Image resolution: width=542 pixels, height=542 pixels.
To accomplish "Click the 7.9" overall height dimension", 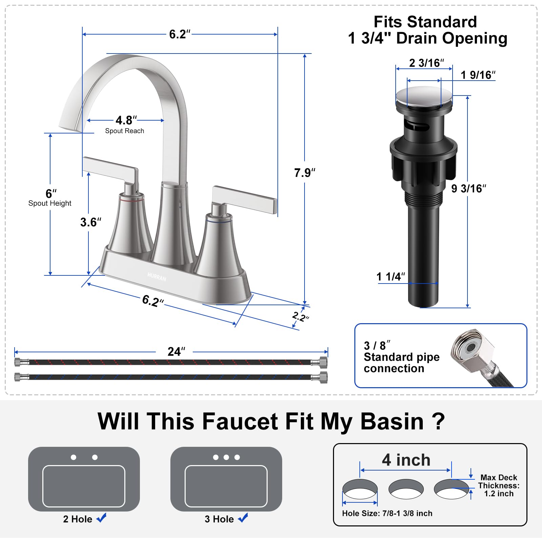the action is pyautogui.click(x=305, y=173).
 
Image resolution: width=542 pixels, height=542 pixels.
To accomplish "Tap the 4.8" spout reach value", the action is pyautogui.click(x=126, y=120).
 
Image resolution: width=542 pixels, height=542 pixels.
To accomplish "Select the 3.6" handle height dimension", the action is pyautogui.click(x=91, y=222).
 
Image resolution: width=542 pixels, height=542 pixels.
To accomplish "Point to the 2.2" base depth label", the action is pyautogui.click(x=300, y=317).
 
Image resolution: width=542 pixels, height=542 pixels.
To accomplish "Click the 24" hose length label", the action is pyautogui.click(x=176, y=352).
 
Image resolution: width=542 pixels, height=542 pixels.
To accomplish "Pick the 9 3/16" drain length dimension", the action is pyautogui.click(x=468, y=188).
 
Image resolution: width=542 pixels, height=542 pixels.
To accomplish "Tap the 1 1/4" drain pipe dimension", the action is pyautogui.click(x=391, y=277).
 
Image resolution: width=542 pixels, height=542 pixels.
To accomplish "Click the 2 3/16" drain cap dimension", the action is pyautogui.click(x=426, y=63).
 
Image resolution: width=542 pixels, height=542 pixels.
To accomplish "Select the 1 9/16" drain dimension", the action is pyautogui.click(x=478, y=75).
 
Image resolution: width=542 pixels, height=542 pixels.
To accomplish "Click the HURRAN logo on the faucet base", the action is pyautogui.click(x=157, y=277).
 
